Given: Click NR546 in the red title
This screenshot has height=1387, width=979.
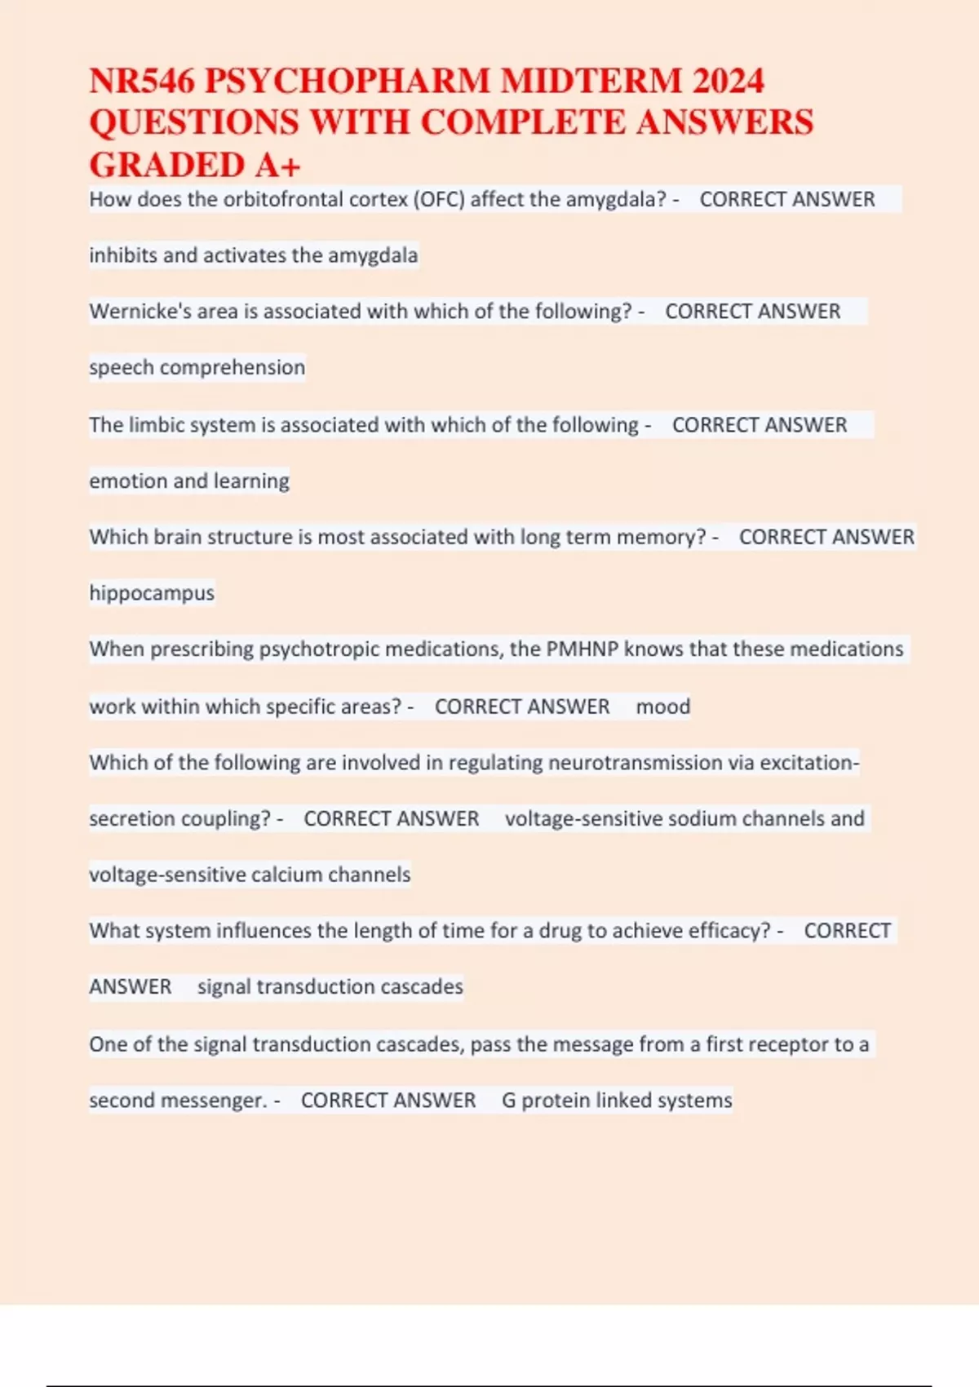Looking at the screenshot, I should coord(142,81).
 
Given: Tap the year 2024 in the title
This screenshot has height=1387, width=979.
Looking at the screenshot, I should coord(728,81).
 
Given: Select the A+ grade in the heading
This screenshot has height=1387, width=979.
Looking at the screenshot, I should coord(277,166).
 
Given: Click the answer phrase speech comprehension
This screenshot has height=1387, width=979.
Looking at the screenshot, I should coord(197,368).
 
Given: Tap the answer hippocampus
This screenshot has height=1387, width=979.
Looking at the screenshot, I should coord(152,593).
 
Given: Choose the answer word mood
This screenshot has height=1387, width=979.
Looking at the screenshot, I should coord(662,707).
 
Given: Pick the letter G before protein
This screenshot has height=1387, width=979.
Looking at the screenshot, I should coord(508,1101).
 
